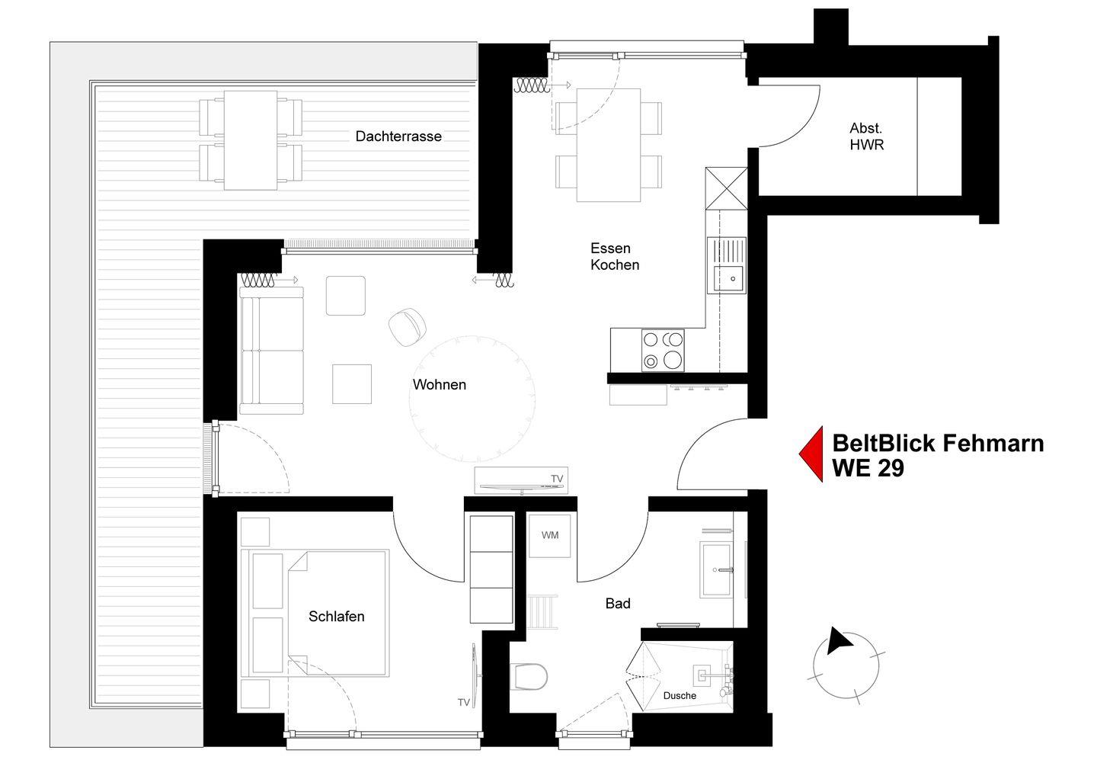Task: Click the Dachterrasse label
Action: [398, 136]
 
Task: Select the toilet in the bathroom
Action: [529, 677]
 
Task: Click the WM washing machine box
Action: [550, 535]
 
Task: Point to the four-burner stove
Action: [663, 351]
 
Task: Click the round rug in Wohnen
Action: [472, 399]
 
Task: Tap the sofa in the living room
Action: [271, 351]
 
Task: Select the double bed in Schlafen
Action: [315, 613]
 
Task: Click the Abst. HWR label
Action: [866, 136]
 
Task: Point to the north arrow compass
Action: [846, 665]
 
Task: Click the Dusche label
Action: [680, 696]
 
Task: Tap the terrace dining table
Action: [251, 140]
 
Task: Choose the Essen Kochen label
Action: [615, 256]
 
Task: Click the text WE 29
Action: [868, 468]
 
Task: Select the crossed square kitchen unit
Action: [726, 188]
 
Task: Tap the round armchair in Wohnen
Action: [407, 327]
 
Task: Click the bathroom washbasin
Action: [716, 569]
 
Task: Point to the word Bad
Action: [618, 603]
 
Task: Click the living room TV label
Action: [557, 479]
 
